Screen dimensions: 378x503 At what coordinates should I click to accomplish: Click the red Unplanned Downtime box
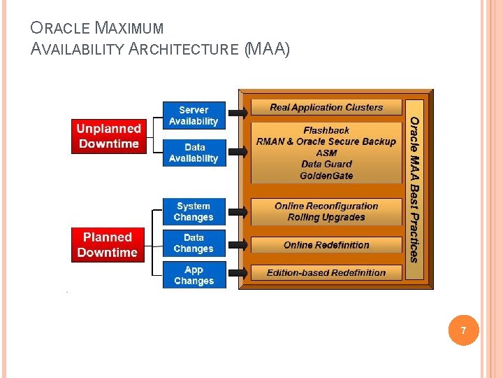(108, 136)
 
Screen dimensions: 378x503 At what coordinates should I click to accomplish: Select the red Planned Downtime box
(108, 245)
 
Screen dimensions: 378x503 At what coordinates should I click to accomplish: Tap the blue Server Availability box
(194, 115)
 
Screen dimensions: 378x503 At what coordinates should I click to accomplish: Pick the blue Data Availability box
(194, 153)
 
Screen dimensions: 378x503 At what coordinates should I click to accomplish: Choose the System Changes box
(194, 211)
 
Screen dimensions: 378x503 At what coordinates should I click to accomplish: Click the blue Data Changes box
(194, 243)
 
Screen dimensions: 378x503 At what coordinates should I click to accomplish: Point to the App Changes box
(194, 275)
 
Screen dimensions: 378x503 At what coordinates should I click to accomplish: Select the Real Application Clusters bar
(326, 107)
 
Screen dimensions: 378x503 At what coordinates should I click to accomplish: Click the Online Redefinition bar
(326, 245)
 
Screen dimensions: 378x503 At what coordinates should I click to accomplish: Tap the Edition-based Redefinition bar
(326, 272)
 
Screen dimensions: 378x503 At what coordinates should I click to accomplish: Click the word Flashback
(326, 130)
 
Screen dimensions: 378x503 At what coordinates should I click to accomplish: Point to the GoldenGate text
(326, 175)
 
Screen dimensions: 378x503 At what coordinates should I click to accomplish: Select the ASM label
(326, 153)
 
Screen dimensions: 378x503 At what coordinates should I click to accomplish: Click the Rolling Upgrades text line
(326, 217)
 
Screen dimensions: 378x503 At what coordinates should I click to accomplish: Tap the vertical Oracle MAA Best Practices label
(414, 189)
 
